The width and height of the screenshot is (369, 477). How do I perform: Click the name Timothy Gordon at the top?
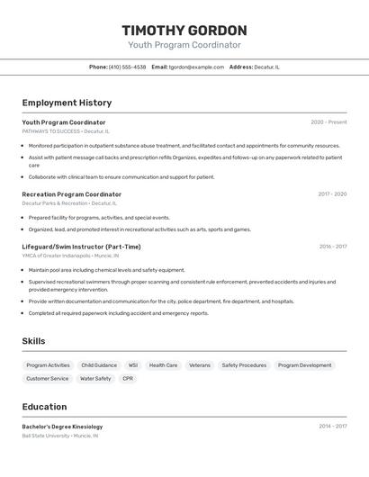184,31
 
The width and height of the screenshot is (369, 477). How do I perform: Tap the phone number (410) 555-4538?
127,67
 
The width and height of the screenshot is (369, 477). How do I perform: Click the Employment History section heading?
67,103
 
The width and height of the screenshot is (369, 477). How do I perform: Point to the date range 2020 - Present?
328,122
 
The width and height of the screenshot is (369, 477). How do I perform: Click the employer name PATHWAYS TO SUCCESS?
51,130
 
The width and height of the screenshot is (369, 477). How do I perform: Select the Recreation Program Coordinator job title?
72,194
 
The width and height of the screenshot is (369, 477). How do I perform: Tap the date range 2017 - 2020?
332,194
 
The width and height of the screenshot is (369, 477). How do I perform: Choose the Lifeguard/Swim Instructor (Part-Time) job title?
81,247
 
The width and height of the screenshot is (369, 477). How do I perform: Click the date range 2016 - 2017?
332,247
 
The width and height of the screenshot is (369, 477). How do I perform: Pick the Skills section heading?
33,341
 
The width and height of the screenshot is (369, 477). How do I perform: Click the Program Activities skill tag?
48,365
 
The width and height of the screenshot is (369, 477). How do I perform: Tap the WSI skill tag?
133,365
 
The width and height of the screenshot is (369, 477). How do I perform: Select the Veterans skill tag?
199,365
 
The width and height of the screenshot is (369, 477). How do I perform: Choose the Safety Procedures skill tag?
244,365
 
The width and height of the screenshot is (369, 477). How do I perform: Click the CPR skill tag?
128,379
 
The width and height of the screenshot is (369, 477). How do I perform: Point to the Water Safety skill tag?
95,379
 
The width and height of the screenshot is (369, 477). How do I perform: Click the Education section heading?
44,407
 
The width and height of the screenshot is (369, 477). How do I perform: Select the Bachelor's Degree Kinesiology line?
62,427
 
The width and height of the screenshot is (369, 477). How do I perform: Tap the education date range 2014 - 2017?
332,427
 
